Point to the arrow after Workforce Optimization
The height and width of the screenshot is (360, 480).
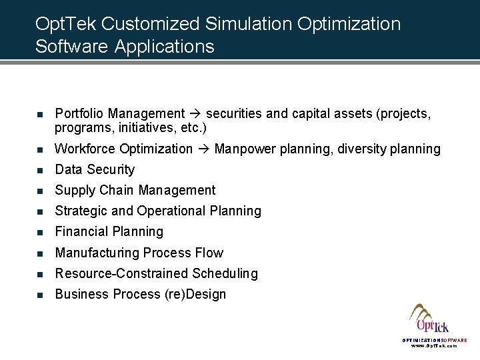[203, 149]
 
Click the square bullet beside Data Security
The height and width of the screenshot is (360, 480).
[40, 170]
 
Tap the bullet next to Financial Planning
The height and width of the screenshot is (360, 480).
[40, 232]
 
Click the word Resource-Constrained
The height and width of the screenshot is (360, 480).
[121, 273]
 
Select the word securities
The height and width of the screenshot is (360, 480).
[232, 114]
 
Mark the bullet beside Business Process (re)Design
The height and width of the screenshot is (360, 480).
[40, 295]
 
